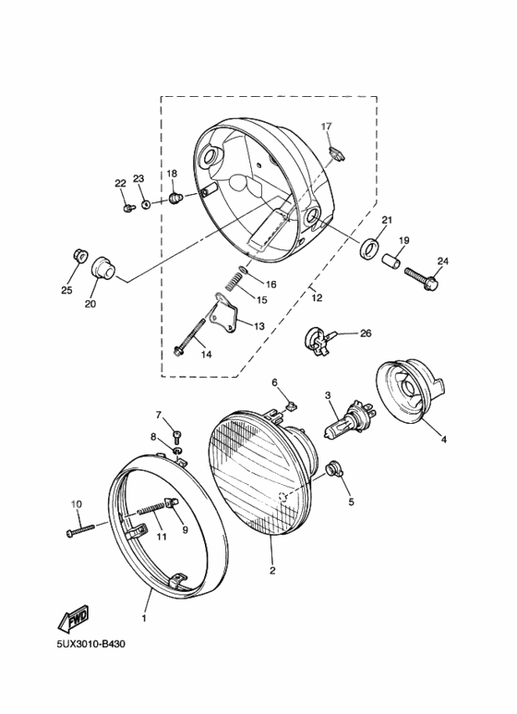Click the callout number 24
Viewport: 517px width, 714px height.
pos(441,260)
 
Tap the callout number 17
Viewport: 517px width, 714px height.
pos(326,126)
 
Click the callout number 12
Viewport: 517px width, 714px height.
pos(317,296)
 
